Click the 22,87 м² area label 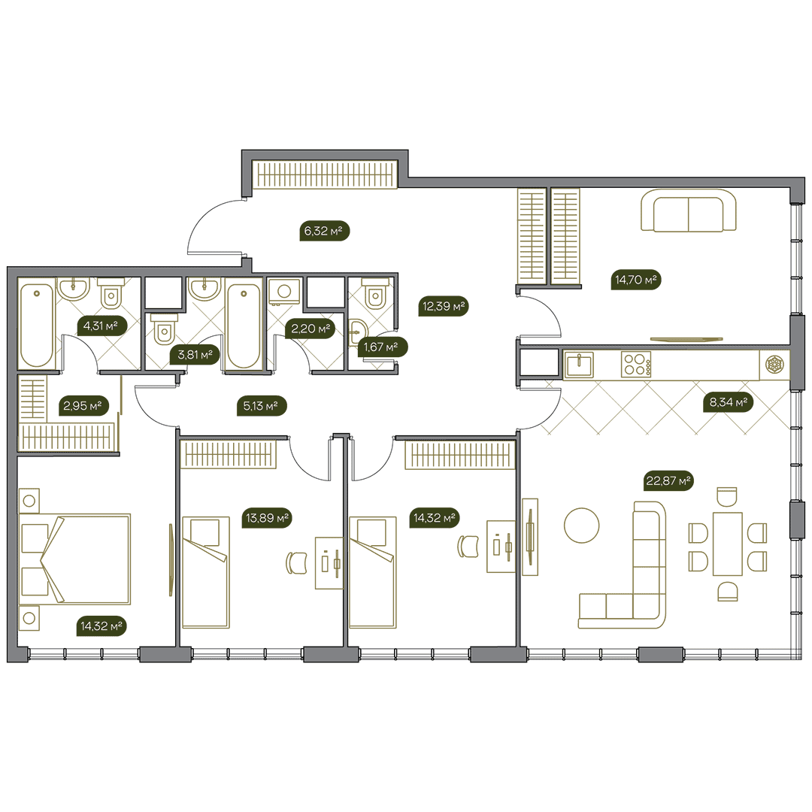pyautogui.click(x=668, y=480)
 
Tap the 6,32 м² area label pyautogui.click(x=324, y=231)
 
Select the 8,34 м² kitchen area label pyautogui.click(x=728, y=401)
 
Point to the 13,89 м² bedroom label pyautogui.click(x=267, y=517)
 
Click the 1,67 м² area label pyautogui.click(x=382, y=347)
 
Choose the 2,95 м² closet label pyautogui.click(x=83, y=405)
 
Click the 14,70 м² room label pyautogui.click(x=635, y=280)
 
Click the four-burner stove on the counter pyautogui.click(x=636, y=365)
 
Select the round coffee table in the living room pyautogui.click(x=581, y=525)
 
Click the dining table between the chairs pyautogui.click(x=728, y=544)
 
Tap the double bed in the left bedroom pyautogui.click(x=74, y=559)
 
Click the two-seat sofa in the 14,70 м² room pyautogui.click(x=688, y=211)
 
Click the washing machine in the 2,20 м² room pyautogui.click(x=283, y=292)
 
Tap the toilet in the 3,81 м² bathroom pyautogui.click(x=164, y=329)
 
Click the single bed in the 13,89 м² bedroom pyautogui.click(x=205, y=571)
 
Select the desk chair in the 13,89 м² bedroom pyautogui.click(x=296, y=563)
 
